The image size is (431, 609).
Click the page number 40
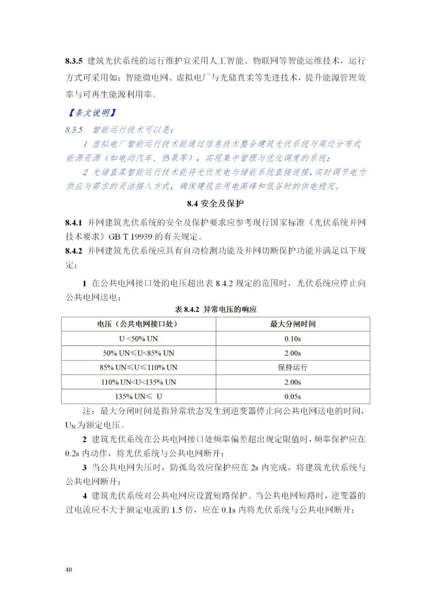pos(69,570)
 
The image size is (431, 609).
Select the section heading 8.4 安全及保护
pos(215,203)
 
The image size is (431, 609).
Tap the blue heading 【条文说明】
pos(92,113)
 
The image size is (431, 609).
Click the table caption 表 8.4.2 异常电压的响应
pos(215,309)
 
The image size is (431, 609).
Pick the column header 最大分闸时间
pos(293,324)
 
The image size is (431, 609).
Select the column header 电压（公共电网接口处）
pos(138,324)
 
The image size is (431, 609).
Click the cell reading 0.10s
pos(293,339)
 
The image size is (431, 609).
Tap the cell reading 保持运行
pos(293,367)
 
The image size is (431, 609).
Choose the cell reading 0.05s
pos(293,396)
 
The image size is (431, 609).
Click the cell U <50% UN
pos(138,339)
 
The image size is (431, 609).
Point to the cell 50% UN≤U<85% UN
pos(138,353)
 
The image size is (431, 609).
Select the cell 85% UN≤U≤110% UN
pos(138,367)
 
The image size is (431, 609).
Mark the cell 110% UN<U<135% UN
pos(138,382)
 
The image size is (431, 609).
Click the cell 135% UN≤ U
pos(138,396)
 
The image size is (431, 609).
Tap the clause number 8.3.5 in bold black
pos(74,61)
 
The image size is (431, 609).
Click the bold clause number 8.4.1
pos(74,222)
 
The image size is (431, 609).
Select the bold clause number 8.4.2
pos(74,251)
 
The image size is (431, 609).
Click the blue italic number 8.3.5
pos(74,130)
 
